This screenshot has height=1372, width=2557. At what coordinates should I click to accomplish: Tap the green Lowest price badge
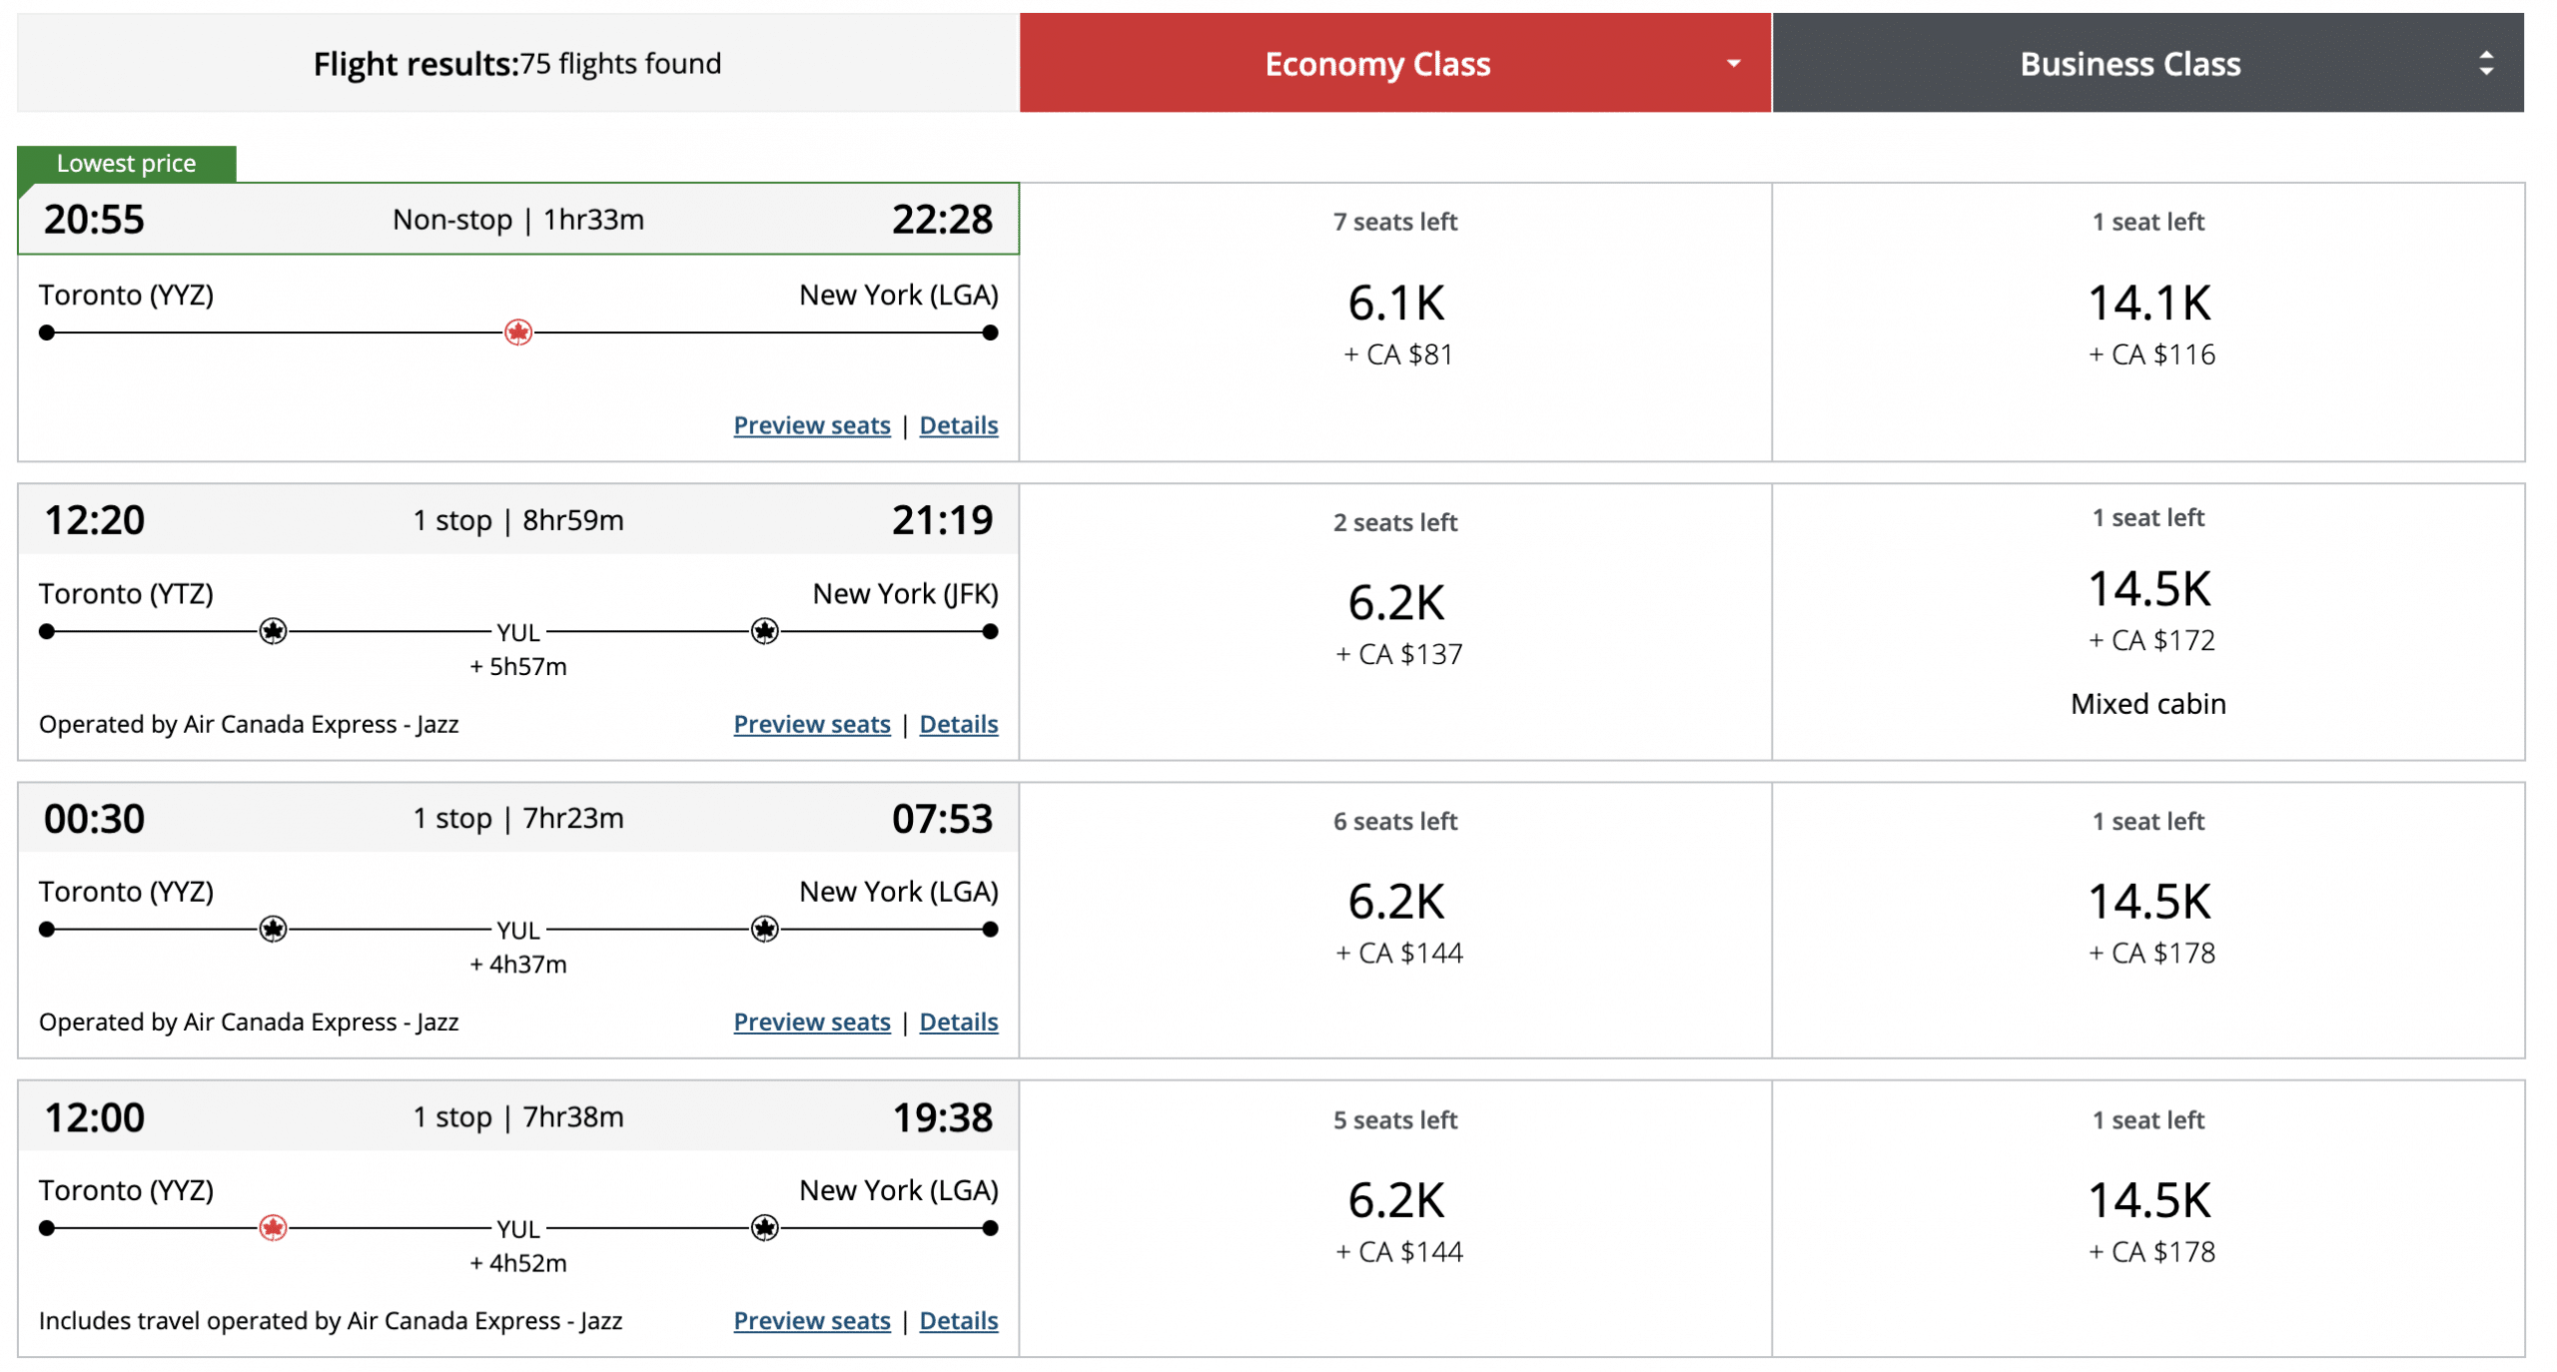click(x=126, y=163)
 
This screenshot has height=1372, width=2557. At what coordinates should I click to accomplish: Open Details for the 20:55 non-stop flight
click(x=957, y=425)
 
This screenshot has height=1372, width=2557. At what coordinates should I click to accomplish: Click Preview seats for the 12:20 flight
click(x=811, y=724)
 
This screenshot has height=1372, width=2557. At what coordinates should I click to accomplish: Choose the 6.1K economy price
click(x=1395, y=303)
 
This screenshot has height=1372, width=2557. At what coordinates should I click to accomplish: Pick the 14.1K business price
click(x=2148, y=303)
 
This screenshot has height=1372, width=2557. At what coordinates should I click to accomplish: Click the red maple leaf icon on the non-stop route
click(x=517, y=333)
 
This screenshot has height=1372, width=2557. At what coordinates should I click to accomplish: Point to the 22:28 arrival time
click(x=941, y=219)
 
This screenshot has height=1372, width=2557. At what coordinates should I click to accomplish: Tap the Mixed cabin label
click(x=2147, y=704)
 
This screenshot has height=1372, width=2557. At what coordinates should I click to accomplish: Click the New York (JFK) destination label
click(x=904, y=594)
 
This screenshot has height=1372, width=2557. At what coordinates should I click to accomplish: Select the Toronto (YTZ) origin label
click(x=126, y=594)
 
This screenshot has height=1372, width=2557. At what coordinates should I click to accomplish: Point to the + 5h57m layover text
click(x=517, y=666)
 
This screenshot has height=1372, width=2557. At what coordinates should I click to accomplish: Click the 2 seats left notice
click(x=1394, y=522)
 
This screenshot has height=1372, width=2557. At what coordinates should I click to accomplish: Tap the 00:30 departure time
click(x=94, y=819)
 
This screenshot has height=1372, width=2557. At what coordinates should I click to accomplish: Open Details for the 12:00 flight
click(x=957, y=1320)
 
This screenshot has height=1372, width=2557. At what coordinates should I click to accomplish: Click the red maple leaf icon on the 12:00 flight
click(x=273, y=1227)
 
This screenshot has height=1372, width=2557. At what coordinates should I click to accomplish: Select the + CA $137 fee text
click(x=1398, y=654)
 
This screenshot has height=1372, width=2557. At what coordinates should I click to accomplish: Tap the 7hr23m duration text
click(x=572, y=818)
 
